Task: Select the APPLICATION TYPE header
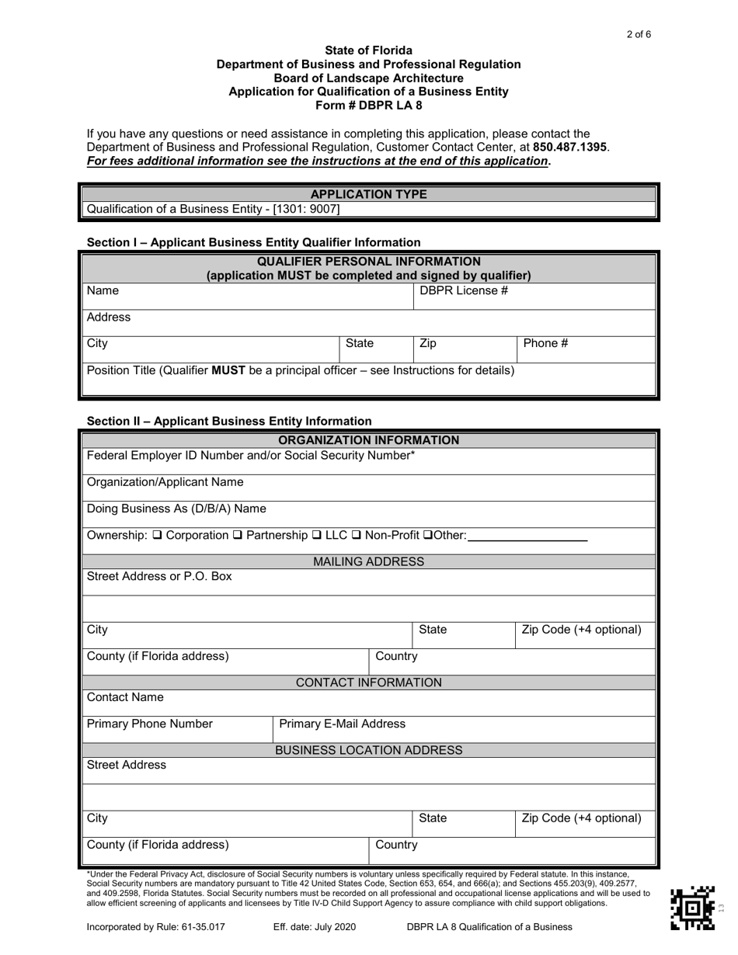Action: point(368,194)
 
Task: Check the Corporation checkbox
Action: point(157,535)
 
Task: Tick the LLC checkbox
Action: point(316,535)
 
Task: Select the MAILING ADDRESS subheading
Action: point(368,561)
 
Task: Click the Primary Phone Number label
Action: point(150,724)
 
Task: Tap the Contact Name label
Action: point(125,697)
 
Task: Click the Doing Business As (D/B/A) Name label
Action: point(176,509)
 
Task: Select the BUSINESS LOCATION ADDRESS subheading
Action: point(368,750)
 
